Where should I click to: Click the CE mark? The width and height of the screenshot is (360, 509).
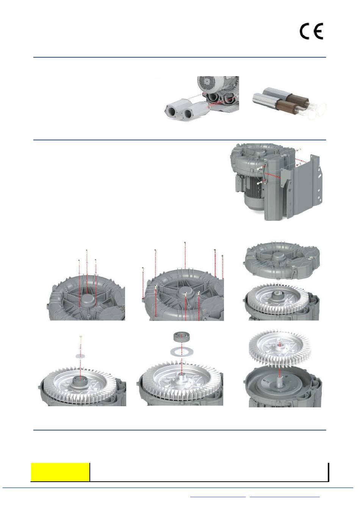(x=311, y=31)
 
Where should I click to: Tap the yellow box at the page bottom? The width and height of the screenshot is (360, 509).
(x=60, y=469)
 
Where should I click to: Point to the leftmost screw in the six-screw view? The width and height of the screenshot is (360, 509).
(x=143, y=283)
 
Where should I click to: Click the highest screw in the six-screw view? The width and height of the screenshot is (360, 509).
(x=185, y=255)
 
